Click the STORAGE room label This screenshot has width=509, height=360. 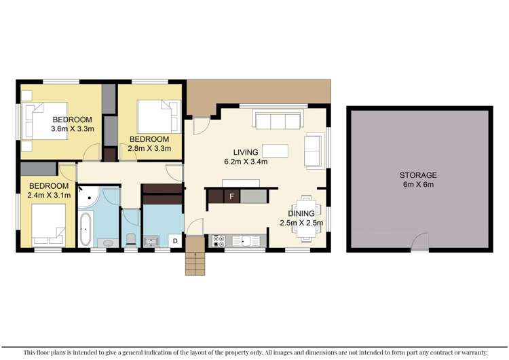pyautogui.click(x=418, y=175)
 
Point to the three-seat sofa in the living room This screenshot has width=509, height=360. pyautogui.click(x=277, y=121)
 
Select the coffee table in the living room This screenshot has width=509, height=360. pyautogui.click(x=275, y=150)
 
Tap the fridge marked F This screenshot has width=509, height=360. pyautogui.click(x=232, y=197)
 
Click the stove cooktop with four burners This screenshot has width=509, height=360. pyautogui.click(x=220, y=240)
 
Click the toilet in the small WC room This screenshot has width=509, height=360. pyautogui.click(x=130, y=240)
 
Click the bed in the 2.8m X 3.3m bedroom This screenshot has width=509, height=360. pyautogui.click(x=158, y=115)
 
